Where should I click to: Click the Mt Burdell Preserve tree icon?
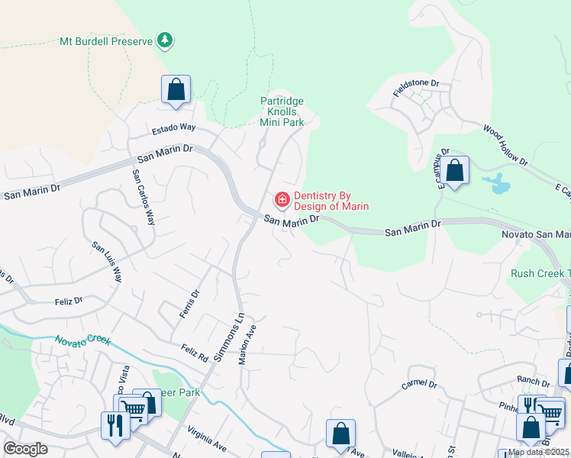click(165, 40)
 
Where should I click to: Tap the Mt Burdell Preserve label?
click(106, 40)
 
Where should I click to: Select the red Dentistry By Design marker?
click(282, 200)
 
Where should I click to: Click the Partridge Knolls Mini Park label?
click(282, 111)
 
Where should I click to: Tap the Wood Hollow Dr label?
click(505, 146)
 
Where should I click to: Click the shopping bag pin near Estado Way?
click(176, 89)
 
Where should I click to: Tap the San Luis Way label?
click(107, 262)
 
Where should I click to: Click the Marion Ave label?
click(248, 343)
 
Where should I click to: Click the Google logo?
click(26, 449)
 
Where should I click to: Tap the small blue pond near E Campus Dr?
click(496, 183)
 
